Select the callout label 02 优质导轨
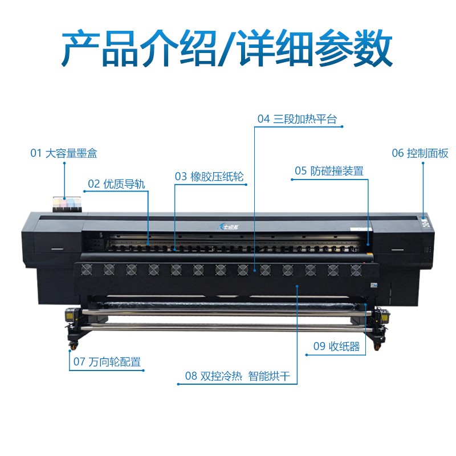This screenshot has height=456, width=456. click(116, 184)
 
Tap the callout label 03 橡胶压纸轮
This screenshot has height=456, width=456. click(209, 177)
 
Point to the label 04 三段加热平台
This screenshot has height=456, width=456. click(297, 119)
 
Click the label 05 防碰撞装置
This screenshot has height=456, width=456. click(329, 170)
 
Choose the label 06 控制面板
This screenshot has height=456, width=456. click(420, 153)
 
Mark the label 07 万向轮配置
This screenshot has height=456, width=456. click(106, 362)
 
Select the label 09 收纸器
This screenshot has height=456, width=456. click(336, 347)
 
